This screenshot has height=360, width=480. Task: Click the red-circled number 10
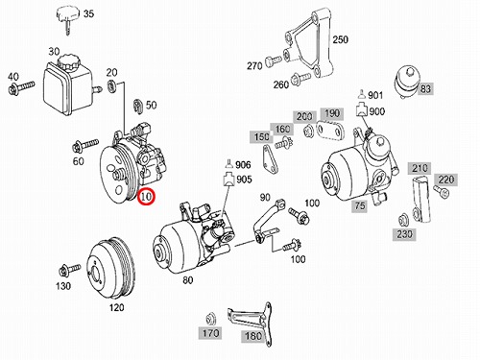click(x=146, y=197)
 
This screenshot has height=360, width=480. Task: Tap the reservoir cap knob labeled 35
click(x=68, y=16)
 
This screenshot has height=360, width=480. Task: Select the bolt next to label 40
click(x=21, y=87)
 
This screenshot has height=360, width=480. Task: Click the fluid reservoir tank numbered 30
click(x=68, y=84)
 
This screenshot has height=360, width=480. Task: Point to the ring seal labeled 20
click(x=111, y=85)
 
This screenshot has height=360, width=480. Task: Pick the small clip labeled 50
click(x=137, y=106)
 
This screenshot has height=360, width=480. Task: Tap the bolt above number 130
click(x=69, y=270)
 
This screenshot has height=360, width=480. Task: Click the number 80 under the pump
click(x=188, y=280)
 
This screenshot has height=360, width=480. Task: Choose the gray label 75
click(x=360, y=205)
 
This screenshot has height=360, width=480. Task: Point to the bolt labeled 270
click(x=273, y=60)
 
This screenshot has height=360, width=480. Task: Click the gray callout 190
click(x=332, y=113)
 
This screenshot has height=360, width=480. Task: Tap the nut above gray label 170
click(x=210, y=319)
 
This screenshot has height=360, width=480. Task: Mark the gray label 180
click(x=253, y=336)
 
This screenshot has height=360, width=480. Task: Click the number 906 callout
click(x=243, y=165)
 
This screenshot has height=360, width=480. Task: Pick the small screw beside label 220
click(x=442, y=191)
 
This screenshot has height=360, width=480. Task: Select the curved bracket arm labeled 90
click(x=268, y=220)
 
